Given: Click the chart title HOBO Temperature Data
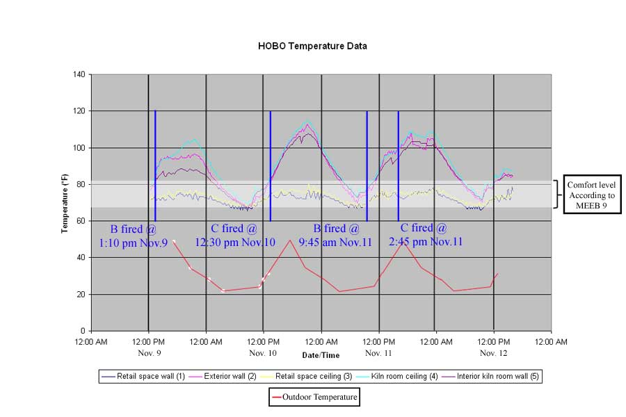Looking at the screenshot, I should pyautogui.click(x=312, y=46).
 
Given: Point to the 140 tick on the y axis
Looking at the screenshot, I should pyautogui.click(x=79, y=74).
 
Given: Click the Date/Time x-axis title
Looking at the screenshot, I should pyautogui.click(x=321, y=355).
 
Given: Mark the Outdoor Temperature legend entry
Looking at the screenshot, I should pyautogui.click(x=314, y=398).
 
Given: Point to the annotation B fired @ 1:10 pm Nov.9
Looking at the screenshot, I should pyautogui.click(x=134, y=235).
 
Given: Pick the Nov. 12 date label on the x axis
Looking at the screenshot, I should pyautogui.click(x=494, y=353).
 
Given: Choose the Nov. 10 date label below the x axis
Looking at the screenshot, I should pyautogui.click(x=263, y=353).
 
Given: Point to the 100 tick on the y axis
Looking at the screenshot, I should pyautogui.click(x=79, y=148).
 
